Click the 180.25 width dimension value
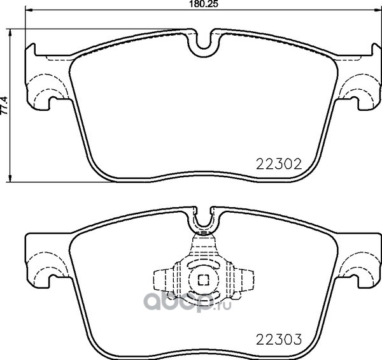pyautogui.click(x=203, y=4)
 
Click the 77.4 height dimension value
pyautogui.click(x=4, y=105)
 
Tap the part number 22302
pyautogui.click(x=279, y=164)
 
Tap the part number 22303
pyautogui.click(x=279, y=339)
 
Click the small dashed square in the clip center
pyautogui.click(x=204, y=280)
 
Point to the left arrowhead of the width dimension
pyautogui.click(x=29, y=10)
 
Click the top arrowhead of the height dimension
pyautogui.click(x=10, y=32)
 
